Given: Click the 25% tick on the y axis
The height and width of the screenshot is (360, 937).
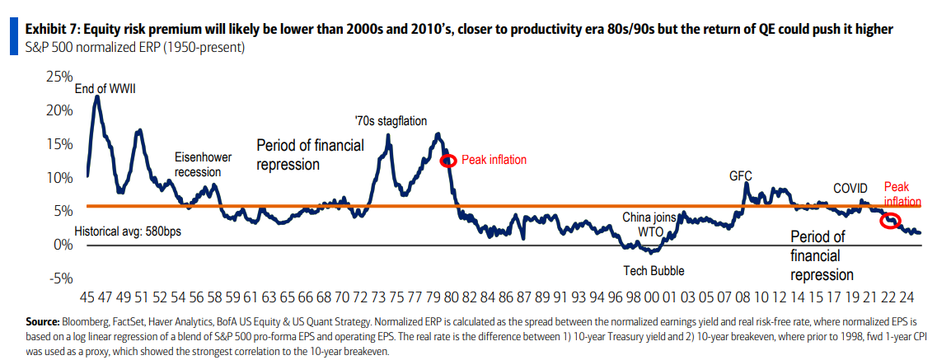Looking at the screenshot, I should tap(59, 77).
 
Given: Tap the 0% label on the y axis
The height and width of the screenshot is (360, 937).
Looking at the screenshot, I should tap(63, 245).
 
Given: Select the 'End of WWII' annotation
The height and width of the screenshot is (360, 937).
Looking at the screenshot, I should tap(105, 89).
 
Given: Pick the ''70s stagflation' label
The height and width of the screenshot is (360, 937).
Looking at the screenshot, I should tap(391, 121).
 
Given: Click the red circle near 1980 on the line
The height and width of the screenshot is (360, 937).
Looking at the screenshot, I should tap(448, 161).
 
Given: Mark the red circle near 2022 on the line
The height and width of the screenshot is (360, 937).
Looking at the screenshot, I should tap(890, 220).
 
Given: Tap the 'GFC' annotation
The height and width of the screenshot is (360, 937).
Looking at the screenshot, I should tap(741, 175).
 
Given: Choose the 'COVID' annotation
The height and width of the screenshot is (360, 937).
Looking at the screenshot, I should tap(850, 188).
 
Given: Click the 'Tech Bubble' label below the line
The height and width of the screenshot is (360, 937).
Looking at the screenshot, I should tap(654, 270).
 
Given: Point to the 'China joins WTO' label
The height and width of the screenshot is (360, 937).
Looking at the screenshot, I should tap(649, 224).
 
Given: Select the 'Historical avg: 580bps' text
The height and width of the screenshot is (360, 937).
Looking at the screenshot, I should tap(128, 231).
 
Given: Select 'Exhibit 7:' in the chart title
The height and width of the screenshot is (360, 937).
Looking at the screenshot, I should tap(52, 30).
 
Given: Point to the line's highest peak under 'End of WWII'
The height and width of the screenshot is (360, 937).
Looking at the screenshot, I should tap(97, 96).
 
